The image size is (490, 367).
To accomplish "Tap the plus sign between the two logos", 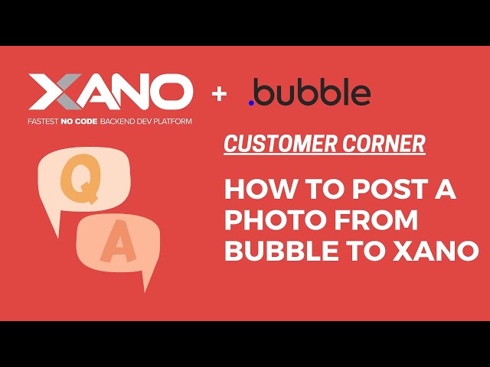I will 220,94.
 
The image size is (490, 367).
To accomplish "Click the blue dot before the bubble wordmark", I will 252,102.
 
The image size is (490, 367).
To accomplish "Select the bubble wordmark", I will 313,93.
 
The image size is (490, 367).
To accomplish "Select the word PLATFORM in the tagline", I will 169,122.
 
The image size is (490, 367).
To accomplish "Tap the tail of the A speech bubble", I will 145,281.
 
